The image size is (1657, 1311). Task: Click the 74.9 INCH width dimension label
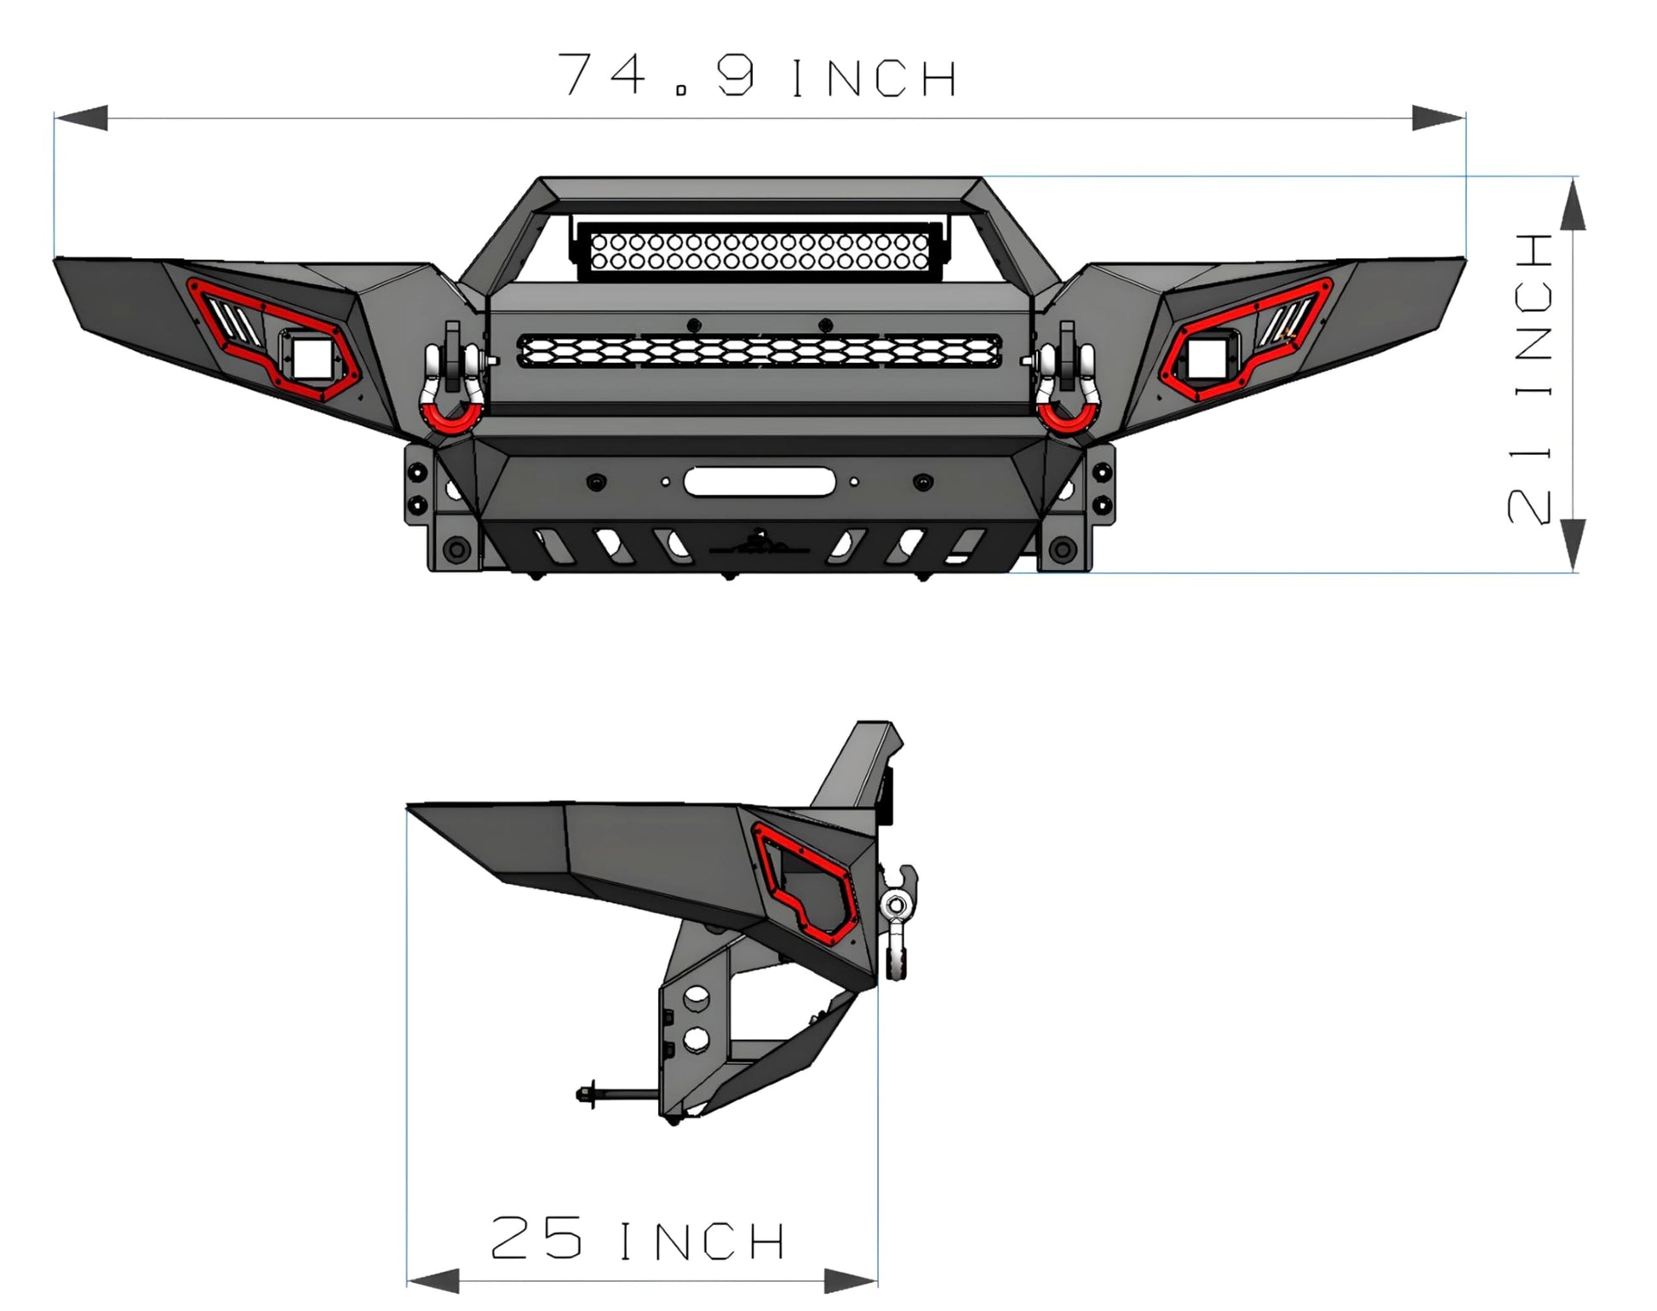[758, 75]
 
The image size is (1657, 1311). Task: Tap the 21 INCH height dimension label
[1530, 377]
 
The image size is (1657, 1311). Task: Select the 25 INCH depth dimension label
[637, 1239]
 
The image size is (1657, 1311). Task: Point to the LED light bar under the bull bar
[759, 252]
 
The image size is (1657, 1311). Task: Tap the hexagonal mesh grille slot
[760, 351]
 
